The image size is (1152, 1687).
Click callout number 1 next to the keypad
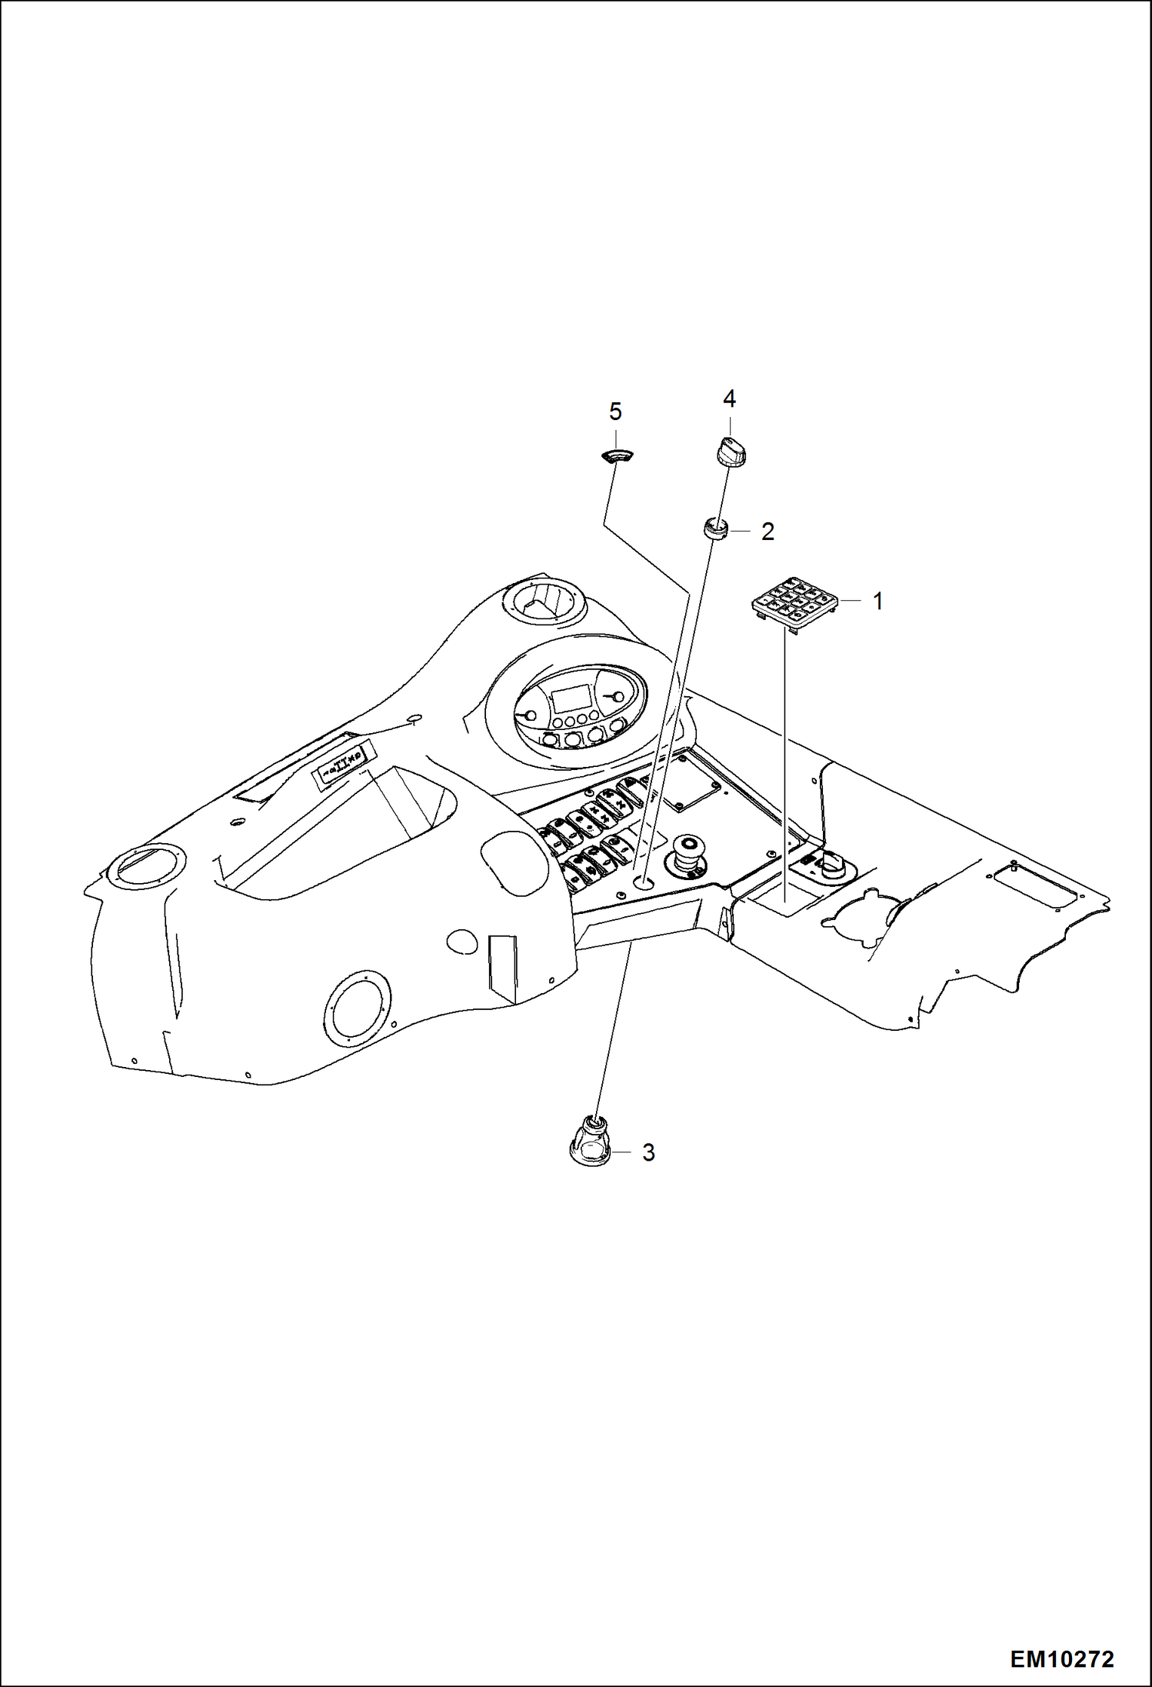pyautogui.click(x=877, y=601)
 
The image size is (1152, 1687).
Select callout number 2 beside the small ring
pyautogui.click(x=767, y=532)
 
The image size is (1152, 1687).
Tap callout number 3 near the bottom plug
pyautogui.click(x=648, y=1152)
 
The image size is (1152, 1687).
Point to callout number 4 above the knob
pyautogui.click(x=729, y=398)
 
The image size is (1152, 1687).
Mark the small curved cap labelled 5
pyautogui.click(x=614, y=457)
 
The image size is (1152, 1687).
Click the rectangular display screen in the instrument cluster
pyautogui.click(x=569, y=699)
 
